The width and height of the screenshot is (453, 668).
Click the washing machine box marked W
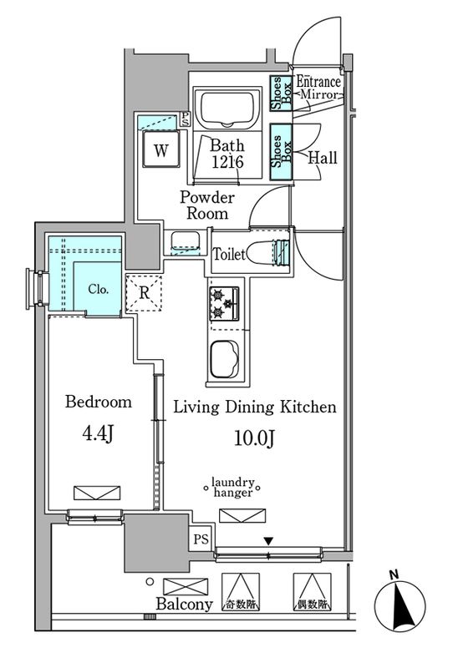[x=161, y=149]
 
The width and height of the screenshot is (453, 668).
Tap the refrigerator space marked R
[x=145, y=293]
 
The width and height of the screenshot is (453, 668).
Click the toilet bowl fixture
[x=268, y=253]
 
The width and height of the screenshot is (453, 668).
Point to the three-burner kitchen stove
[x=224, y=303]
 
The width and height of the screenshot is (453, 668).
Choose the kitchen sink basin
[x=224, y=359]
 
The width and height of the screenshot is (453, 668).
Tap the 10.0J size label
[x=254, y=438]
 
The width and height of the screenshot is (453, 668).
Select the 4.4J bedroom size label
[x=98, y=433]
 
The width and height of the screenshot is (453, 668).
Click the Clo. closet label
[x=98, y=289]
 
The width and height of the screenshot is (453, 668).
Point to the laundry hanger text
[x=232, y=488]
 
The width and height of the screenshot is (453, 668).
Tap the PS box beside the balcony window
[x=201, y=539]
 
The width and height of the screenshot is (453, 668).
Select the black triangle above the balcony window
[x=268, y=541]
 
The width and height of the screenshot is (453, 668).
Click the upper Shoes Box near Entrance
[x=281, y=94]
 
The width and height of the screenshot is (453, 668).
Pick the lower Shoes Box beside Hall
[x=281, y=152]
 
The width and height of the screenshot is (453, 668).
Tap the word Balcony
[x=184, y=604]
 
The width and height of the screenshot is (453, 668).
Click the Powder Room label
[x=207, y=205]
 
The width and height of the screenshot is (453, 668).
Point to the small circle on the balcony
[x=150, y=581]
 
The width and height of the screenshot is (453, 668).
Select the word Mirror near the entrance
[x=319, y=94]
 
